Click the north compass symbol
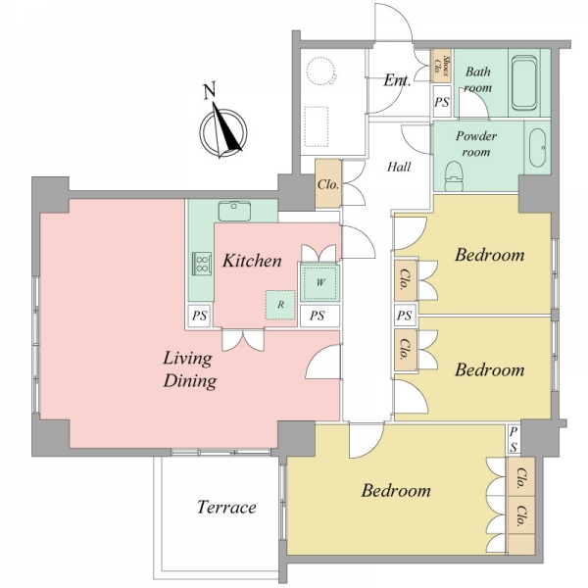pyautogui.click(x=223, y=132)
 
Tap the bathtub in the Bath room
pyautogui.click(x=524, y=82)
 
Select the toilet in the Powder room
pyautogui.click(x=454, y=176)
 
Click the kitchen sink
pyautogui.click(x=235, y=211)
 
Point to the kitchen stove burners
pyautogui.click(x=202, y=263)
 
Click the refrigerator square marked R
pyautogui.click(x=280, y=305)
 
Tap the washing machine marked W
pyautogui.click(x=319, y=282)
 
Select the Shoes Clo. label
pyautogui.click(x=442, y=66)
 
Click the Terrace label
pyautogui.click(x=226, y=507)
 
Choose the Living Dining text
pyautogui.click(x=189, y=369)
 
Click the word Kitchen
pyautogui.click(x=252, y=261)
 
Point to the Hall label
pyautogui.click(x=399, y=167)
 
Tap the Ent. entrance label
pyautogui.click(x=396, y=80)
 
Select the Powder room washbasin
pyautogui.click(x=537, y=148)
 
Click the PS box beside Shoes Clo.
pyautogui.click(x=442, y=102)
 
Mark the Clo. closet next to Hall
pyautogui.click(x=328, y=184)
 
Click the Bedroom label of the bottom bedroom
pyautogui.click(x=396, y=491)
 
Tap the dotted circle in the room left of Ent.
pyautogui.click(x=321, y=72)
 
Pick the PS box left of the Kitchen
pyautogui.click(x=199, y=316)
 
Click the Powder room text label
pyautogui.click(x=476, y=143)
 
